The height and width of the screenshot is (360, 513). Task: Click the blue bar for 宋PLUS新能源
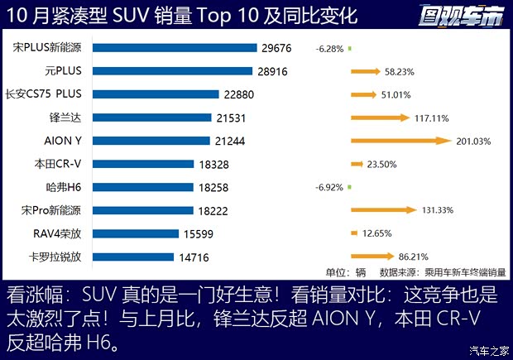point(174,48)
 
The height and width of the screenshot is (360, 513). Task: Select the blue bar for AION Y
point(151,141)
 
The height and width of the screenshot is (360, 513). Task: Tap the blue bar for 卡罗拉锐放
point(132,257)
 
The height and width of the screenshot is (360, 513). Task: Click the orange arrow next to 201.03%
point(400,141)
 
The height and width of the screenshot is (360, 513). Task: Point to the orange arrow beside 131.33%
point(383,210)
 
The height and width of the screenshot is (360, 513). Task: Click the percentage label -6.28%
point(328,49)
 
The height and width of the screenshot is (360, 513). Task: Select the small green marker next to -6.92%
point(350,187)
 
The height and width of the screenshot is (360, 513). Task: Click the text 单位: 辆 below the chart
point(345,271)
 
